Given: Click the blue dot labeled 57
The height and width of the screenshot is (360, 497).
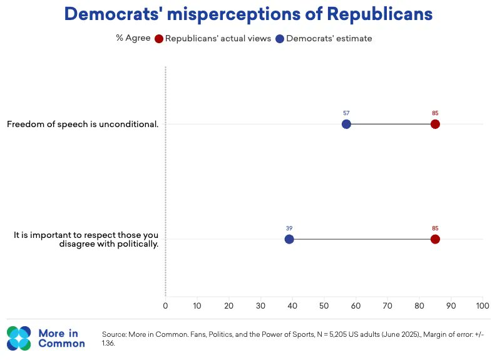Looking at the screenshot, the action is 346,124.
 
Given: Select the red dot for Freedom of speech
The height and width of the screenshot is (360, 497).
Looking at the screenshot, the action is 435,124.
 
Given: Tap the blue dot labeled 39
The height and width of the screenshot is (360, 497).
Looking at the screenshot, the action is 289,239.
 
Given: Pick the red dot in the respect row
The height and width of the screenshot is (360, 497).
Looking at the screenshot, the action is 435,239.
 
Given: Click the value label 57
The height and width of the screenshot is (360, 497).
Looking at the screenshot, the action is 346,113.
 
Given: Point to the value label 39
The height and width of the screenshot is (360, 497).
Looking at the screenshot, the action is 289,228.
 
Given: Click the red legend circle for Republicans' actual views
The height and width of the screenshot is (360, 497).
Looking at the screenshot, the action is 159,39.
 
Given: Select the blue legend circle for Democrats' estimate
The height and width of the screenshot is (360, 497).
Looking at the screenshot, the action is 280,39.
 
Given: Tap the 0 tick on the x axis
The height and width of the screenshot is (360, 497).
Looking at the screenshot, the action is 165,306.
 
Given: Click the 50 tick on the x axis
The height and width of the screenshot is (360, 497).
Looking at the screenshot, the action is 324,306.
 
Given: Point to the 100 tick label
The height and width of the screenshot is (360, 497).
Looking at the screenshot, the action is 483,306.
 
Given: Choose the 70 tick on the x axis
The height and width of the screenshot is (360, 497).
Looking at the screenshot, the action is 387,306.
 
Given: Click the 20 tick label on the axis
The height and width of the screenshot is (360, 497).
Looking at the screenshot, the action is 229,306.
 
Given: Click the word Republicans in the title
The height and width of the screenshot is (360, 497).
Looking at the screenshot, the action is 379,14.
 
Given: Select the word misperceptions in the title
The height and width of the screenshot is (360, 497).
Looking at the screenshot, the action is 233,14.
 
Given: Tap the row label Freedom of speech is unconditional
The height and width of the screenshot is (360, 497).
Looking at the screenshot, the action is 83,124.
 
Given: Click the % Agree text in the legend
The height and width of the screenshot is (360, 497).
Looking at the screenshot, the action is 133,38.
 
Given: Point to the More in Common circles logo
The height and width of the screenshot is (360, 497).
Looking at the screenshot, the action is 19,338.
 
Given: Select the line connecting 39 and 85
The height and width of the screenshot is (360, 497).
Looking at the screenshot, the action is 362,239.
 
